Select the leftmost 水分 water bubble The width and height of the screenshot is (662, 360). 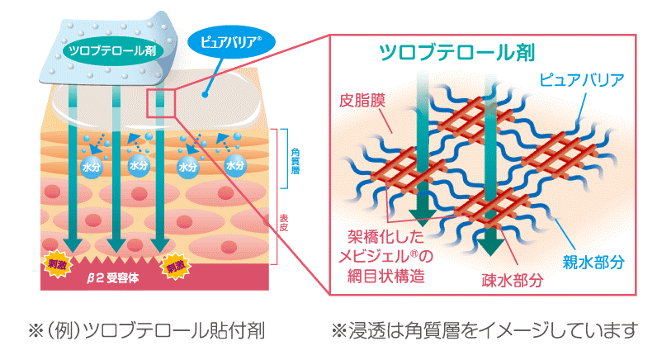click(90, 166)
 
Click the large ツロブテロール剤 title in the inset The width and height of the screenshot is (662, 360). click(456, 52)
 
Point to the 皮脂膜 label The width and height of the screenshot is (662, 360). click(361, 104)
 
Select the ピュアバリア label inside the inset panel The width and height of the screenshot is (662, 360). click(581, 81)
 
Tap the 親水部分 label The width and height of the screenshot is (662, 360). click(593, 263)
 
